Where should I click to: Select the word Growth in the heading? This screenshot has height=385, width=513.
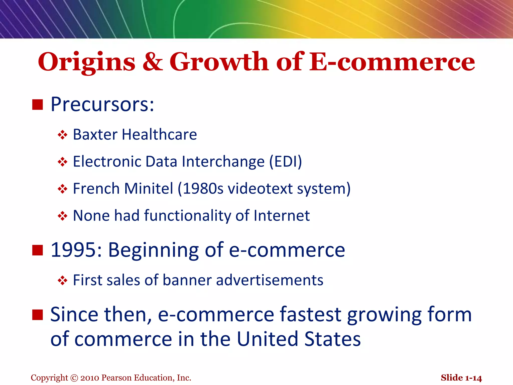219,61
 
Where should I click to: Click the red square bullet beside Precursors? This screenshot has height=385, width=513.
38,105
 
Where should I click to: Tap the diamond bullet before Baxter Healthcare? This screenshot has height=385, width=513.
62,135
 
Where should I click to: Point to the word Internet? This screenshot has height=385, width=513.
282,215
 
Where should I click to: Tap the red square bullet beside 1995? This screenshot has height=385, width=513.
38,250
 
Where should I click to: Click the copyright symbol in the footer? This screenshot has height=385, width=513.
74,378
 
